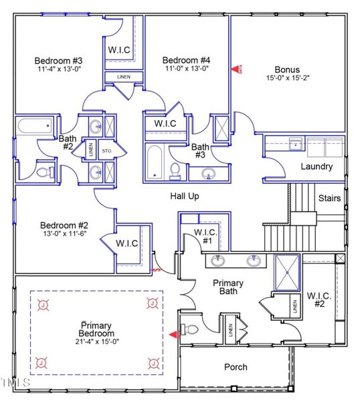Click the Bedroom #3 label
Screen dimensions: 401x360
[58, 61]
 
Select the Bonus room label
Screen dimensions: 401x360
[286, 69]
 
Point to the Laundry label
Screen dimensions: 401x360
[317, 166]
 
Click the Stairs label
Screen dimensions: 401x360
[329, 198]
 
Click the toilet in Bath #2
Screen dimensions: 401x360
[44, 172]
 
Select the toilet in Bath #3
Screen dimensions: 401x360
[175, 171]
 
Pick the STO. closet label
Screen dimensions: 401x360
[107, 150]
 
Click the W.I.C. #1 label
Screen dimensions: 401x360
[203, 236]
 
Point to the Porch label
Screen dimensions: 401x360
[236, 367]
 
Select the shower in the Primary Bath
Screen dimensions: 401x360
[288, 271]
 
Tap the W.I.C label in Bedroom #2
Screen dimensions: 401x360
[126, 243]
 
